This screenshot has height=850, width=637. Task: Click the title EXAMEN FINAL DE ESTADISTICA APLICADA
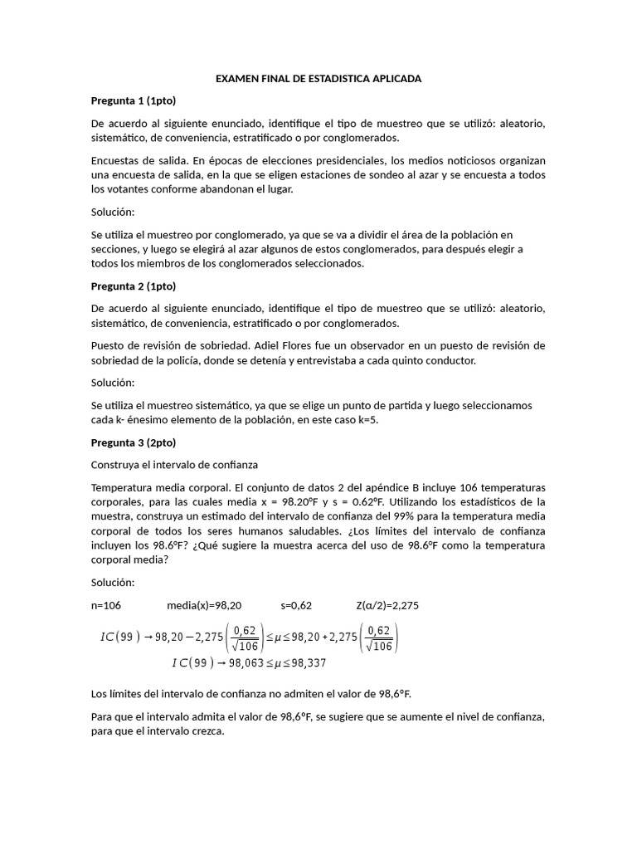coord(318,78)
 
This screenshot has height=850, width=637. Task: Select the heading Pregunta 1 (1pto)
coord(133,100)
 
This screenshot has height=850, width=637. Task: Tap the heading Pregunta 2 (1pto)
coord(133,286)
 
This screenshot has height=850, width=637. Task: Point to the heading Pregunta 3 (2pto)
coord(133,442)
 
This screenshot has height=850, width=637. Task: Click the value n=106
coord(105,605)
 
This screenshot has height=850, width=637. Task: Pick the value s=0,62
coord(299,605)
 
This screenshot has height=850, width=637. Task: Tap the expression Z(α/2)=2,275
coord(387,605)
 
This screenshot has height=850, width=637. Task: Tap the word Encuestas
coord(115,160)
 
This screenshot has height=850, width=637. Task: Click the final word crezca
coord(207,731)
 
